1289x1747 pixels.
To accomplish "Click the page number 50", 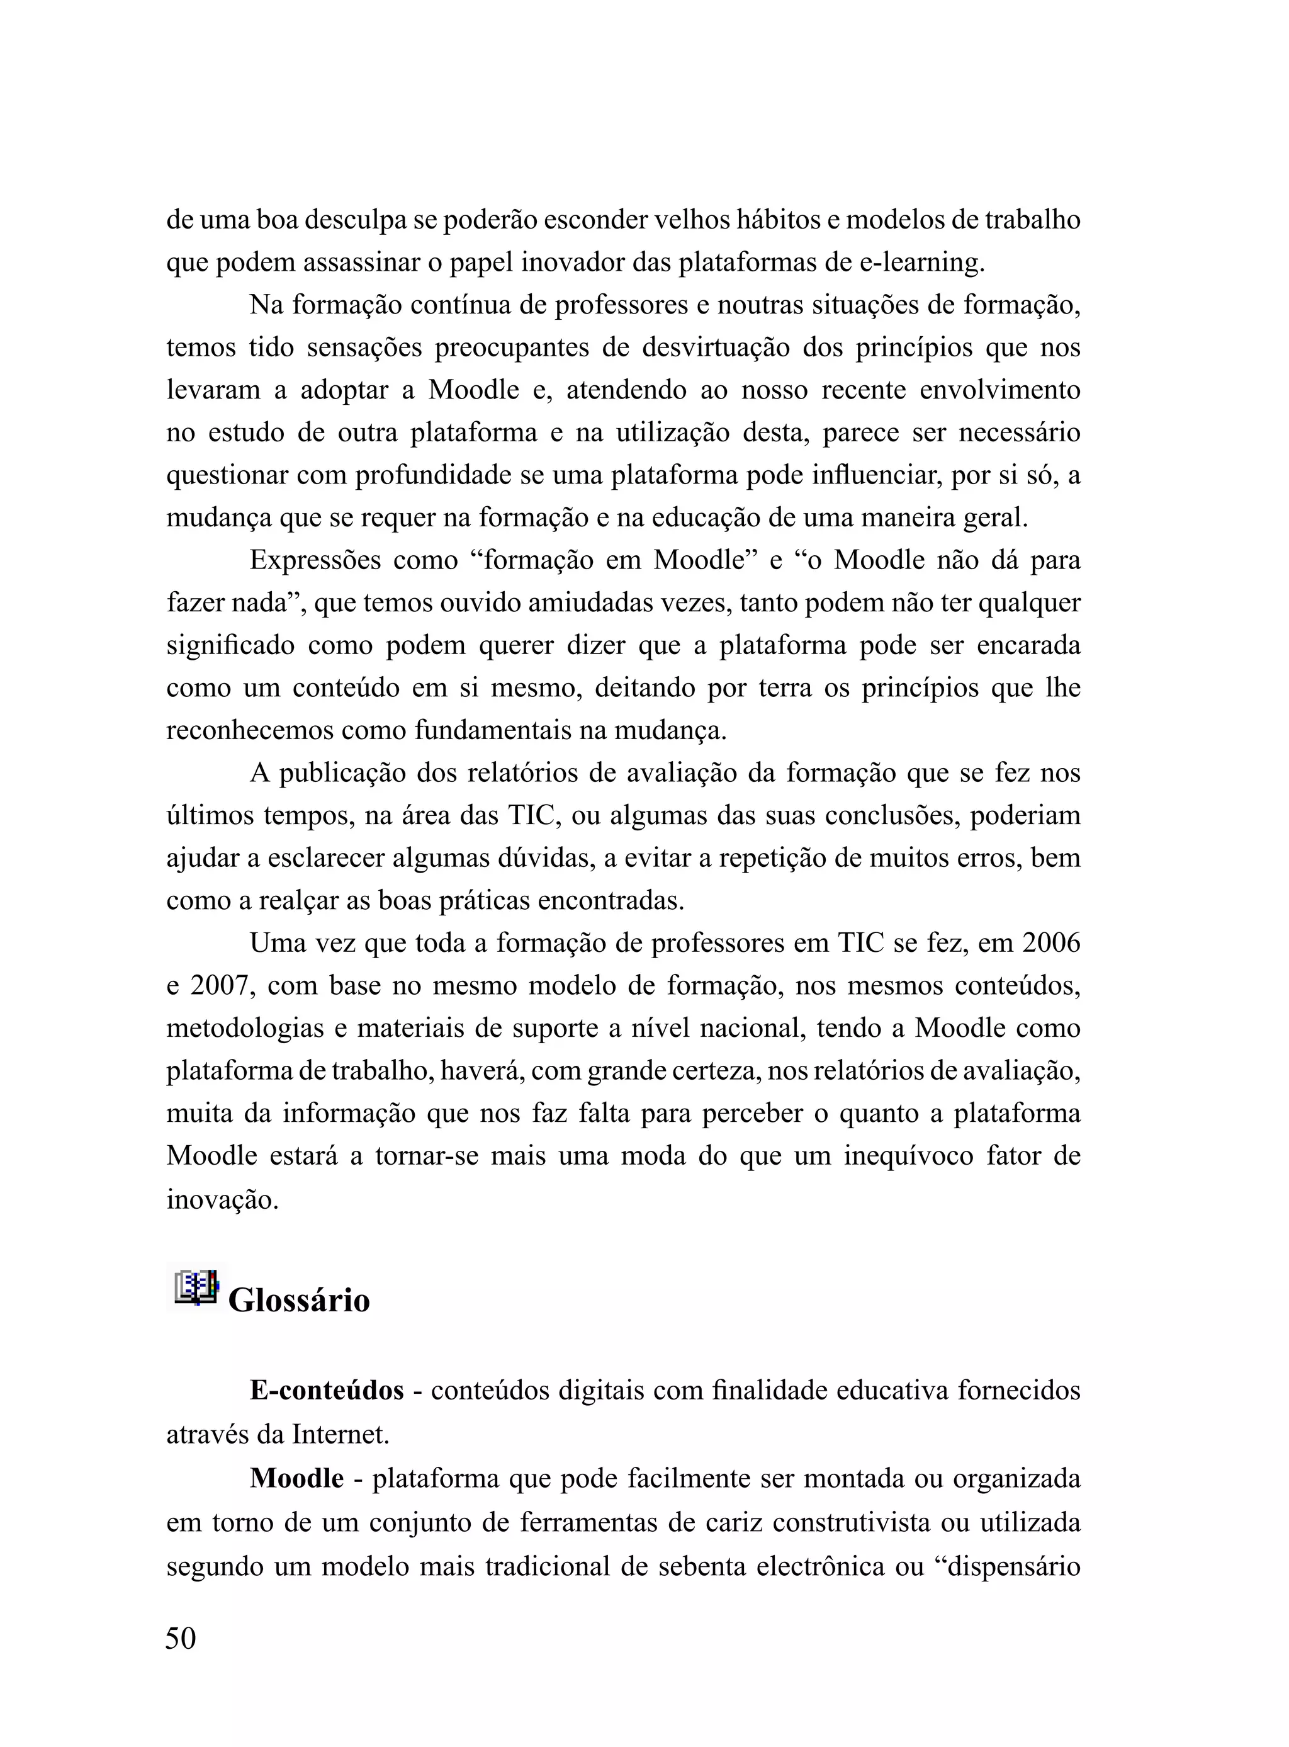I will click(x=181, y=1637).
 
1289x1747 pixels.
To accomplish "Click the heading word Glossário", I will click(x=299, y=1301).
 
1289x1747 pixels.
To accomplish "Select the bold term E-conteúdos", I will click(x=327, y=1389).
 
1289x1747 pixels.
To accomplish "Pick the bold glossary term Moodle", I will click(x=297, y=1478).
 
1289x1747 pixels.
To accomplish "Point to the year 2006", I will click(x=1051, y=942).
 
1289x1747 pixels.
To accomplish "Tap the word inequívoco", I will click(x=908, y=1156).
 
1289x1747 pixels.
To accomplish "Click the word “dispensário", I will click(x=1006, y=1566).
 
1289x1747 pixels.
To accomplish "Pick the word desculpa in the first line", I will click(x=355, y=220).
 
